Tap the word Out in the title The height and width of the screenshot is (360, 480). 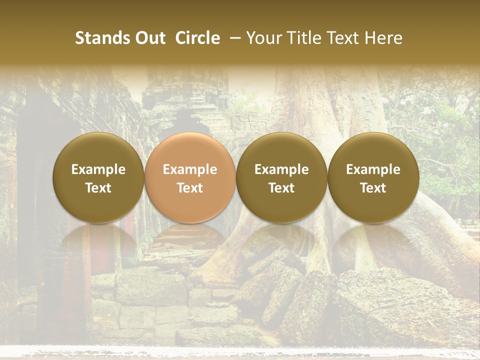pyautogui.click(x=148, y=38)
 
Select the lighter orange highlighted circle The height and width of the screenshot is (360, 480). pyautogui.click(x=190, y=177)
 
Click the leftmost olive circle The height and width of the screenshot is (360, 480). pyautogui.click(x=98, y=177)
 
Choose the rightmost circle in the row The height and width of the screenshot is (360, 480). pyautogui.click(x=373, y=177)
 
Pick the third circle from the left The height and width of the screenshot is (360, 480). pyautogui.click(x=281, y=177)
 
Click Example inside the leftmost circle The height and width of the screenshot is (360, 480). pyautogui.click(x=98, y=169)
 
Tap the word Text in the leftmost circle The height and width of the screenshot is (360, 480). pyautogui.click(x=98, y=188)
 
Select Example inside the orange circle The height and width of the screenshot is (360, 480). pyautogui.click(x=190, y=169)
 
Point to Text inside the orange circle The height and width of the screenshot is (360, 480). pyautogui.click(x=190, y=188)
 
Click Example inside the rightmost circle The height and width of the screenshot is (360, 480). pyautogui.click(x=373, y=169)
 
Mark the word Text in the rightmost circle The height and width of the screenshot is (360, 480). pyautogui.click(x=373, y=188)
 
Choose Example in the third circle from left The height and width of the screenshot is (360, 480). pyautogui.click(x=281, y=169)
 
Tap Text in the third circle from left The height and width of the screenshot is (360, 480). pyautogui.click(x=281, y=188)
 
